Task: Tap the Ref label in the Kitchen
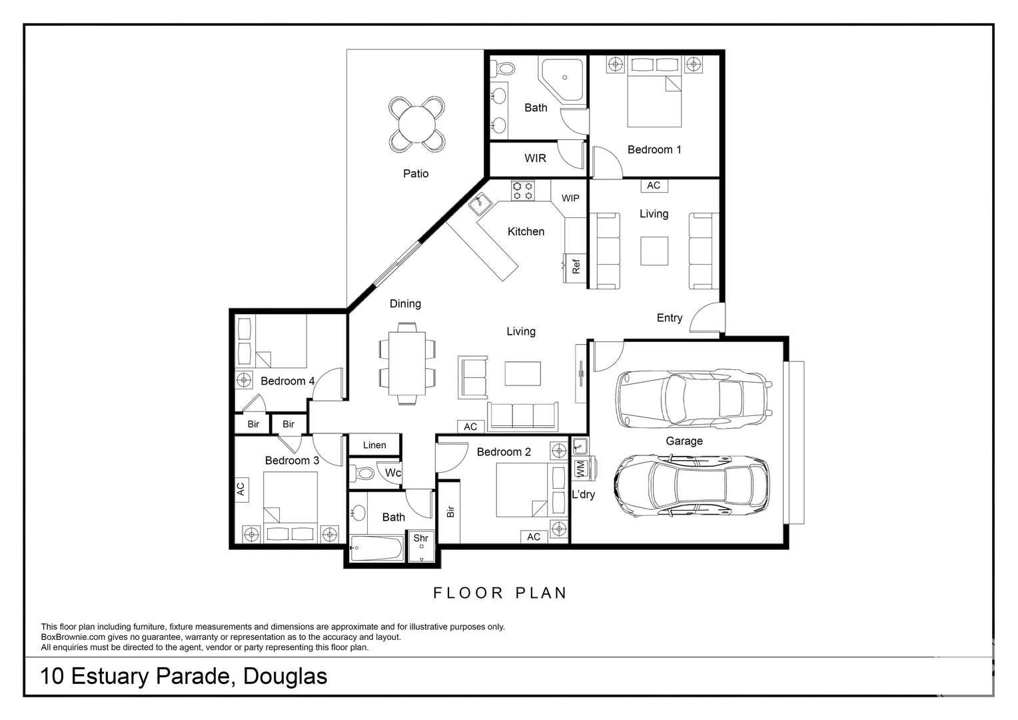576,267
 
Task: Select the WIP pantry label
570,198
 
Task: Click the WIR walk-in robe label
535,158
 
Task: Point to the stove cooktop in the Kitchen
522,191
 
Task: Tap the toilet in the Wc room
364,473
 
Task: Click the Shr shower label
421,538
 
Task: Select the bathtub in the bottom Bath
376,549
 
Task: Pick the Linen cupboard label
374,445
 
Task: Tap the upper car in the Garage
694,399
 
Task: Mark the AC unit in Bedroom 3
241,489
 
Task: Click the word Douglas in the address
285,676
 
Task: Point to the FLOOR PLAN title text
500,593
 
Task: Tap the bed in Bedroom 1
654,100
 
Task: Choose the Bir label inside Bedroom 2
450,511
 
